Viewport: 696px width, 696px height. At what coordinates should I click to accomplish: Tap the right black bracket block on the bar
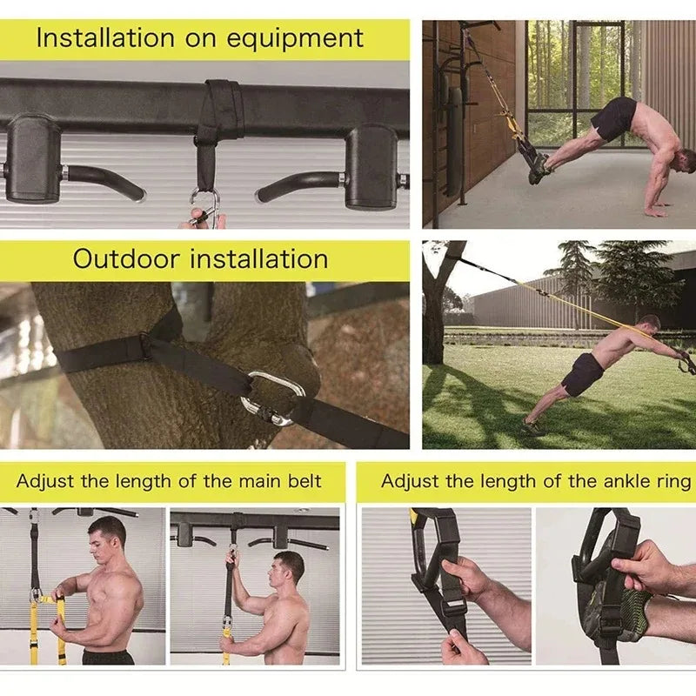tap(371, 165)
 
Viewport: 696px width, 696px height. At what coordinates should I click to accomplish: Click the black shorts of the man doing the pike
tap(614, 117)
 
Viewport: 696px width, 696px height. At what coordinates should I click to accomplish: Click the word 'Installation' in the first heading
tap(104, 39)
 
